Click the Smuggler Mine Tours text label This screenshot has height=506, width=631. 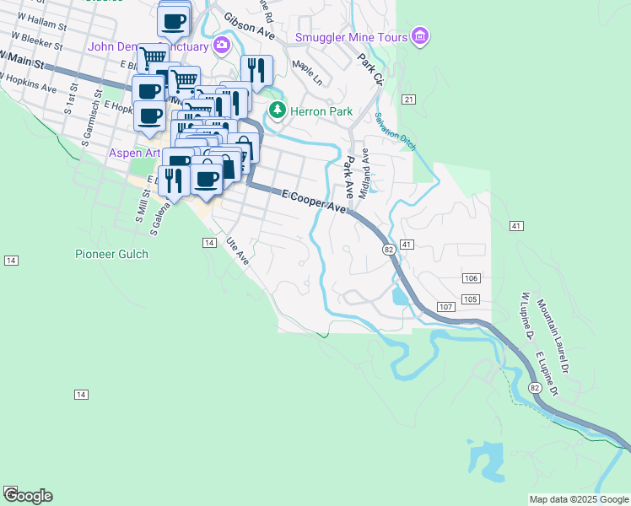[x=351, y=36]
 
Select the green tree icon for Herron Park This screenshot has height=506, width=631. [x=277, y=110]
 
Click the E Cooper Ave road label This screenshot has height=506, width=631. [x=315, y=201]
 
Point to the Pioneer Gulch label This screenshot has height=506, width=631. [x=111, y=254]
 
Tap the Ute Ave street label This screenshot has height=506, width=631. [x=237, y=250]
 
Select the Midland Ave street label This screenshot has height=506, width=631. [x=364, y=174]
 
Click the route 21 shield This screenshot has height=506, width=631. [x=409, y=100]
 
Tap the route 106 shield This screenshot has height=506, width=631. [x=472, y=278]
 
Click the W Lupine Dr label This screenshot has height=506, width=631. [x=529, y=316]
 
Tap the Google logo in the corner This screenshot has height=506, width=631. [x=27, y=495]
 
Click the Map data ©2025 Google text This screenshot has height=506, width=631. [x=579, y=499]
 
